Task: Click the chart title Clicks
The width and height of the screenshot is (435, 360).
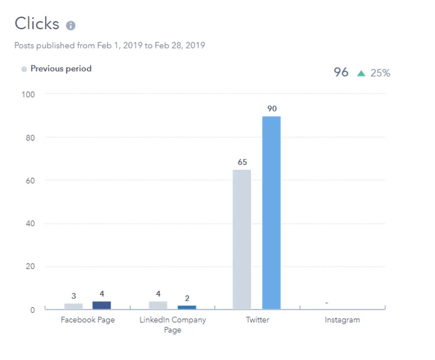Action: (37, 24)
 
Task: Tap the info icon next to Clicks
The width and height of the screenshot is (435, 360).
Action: (71, 26)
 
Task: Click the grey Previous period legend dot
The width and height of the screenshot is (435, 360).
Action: (24, 69)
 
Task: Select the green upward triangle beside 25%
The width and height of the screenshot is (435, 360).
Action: (361, 73)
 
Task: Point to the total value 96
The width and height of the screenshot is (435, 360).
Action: (341, 72)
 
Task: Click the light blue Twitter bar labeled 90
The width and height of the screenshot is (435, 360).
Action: (271, 212)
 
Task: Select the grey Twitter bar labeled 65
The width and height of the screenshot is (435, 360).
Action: (242, 239)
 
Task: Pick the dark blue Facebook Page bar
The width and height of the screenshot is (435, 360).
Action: (102, 305)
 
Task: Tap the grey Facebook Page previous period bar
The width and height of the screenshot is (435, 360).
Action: (73, 306)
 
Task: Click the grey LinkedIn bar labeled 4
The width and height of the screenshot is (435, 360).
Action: (158, 305)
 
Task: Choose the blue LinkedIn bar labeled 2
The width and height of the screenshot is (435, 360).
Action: (187, 307)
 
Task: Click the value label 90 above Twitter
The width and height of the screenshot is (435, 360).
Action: (272, 109)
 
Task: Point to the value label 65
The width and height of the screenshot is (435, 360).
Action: (242, 162)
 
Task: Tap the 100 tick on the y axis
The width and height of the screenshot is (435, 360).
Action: (28, 95)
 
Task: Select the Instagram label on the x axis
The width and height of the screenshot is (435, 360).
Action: (342, 320)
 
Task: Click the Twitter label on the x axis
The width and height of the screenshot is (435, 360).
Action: (257, 320)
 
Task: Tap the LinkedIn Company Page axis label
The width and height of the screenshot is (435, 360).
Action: (172, 325)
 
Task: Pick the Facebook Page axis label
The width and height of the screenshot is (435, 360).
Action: (88, 320)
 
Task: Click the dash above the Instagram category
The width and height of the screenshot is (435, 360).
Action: (327, 303)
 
